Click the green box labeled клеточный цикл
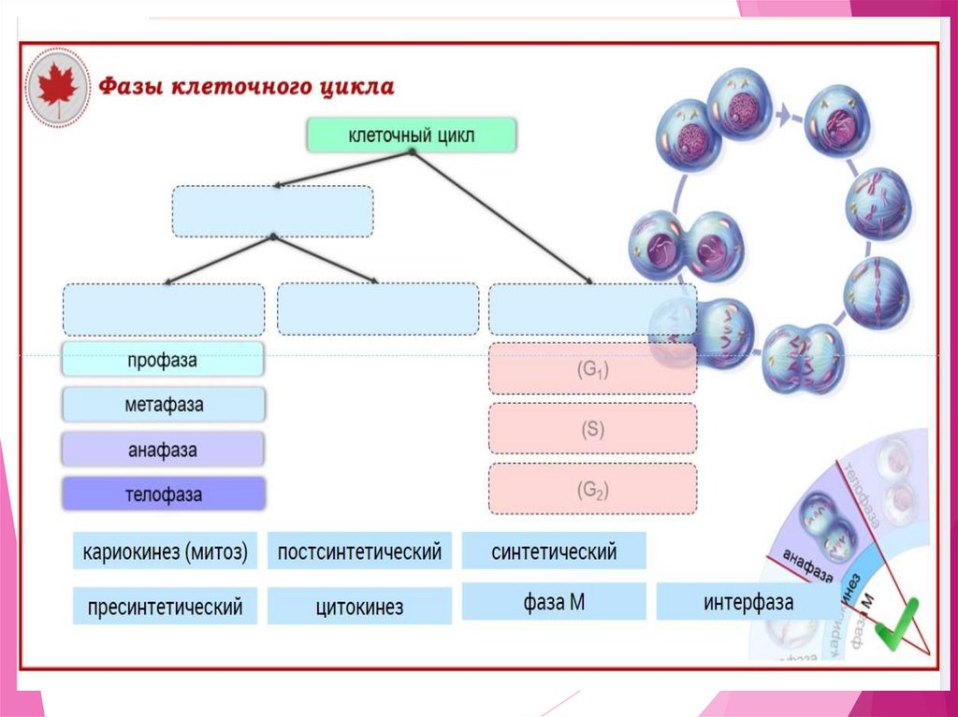411,136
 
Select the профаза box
163,360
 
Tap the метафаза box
163,406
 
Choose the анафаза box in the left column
163,450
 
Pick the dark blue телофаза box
163,495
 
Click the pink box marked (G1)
592,369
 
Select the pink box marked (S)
592,429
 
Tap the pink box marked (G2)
592,489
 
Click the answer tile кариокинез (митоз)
165,552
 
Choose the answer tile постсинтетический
359,552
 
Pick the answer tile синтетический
554,552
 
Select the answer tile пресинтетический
165,607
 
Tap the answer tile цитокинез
359,607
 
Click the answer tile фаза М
554,602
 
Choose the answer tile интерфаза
748,602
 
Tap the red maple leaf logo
58,86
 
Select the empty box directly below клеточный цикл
272,211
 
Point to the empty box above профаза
163,309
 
